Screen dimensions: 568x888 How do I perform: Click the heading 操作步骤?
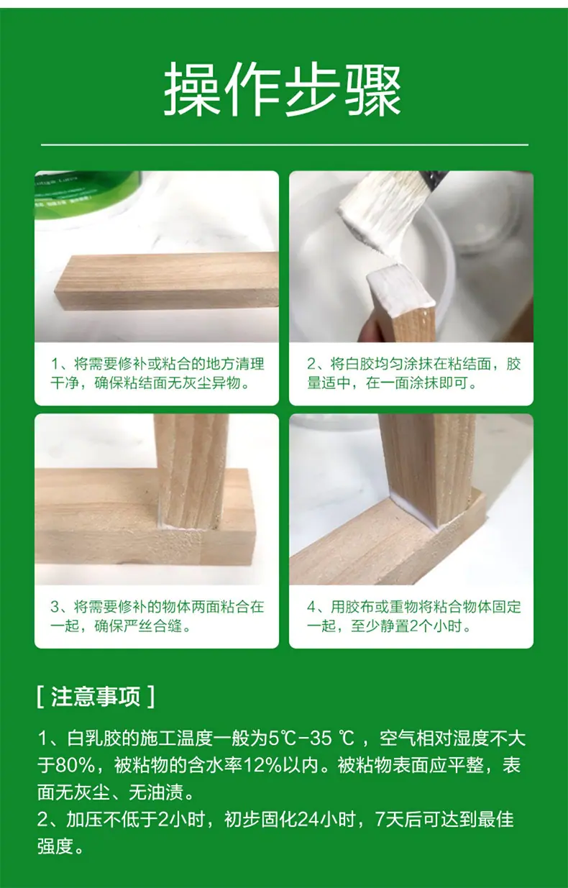point(283,89)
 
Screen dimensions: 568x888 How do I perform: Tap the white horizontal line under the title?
point(285,145)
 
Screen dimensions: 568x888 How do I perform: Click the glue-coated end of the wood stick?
point(400,290)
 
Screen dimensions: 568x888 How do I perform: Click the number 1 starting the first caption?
point(55,364)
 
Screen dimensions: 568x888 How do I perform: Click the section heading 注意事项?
point(96,697)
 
